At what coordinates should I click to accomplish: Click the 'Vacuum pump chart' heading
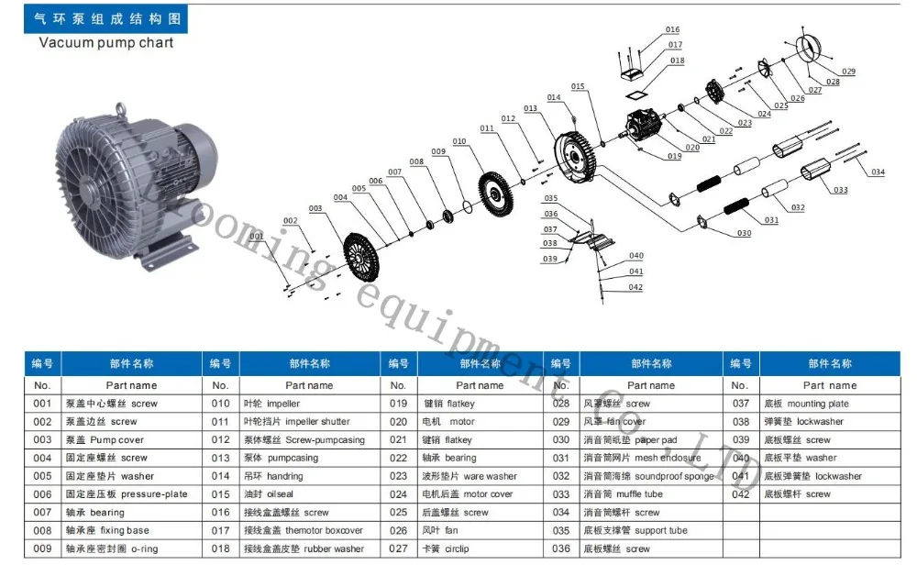pos(105,42)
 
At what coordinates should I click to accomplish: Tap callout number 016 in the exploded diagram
pos(673,30)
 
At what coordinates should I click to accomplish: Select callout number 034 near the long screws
pos(878,172)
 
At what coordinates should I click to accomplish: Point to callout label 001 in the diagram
pos(256,237)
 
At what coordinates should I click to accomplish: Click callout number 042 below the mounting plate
pos(635,287)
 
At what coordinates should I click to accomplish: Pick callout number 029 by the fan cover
pos(847,72)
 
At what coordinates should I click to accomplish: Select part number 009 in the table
pos(42,548)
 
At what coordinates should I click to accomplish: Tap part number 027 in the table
pos(398,548)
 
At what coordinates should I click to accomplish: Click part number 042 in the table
pos(741,494)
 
